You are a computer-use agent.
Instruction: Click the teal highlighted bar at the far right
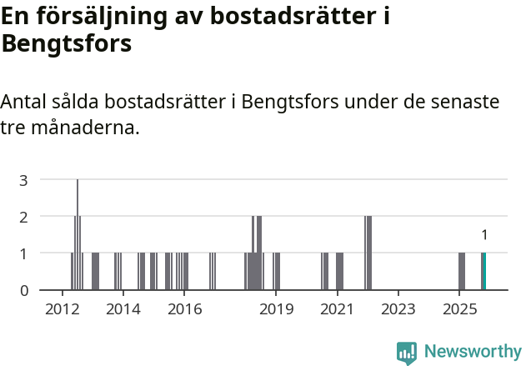point(483,271)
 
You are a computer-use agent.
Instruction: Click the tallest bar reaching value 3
point(78,234)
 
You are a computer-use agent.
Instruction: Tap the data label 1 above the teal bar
point(484,236)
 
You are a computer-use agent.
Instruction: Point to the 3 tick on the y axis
point(24,180)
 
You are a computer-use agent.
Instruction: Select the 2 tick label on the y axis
point(24,217)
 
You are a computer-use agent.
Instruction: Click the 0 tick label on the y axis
point(24,290)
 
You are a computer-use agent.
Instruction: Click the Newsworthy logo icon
point(407,353)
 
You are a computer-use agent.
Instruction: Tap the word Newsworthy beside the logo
point(472,352)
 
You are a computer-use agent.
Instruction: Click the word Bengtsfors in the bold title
point(66,43)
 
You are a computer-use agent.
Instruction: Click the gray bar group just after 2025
point(462,271)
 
